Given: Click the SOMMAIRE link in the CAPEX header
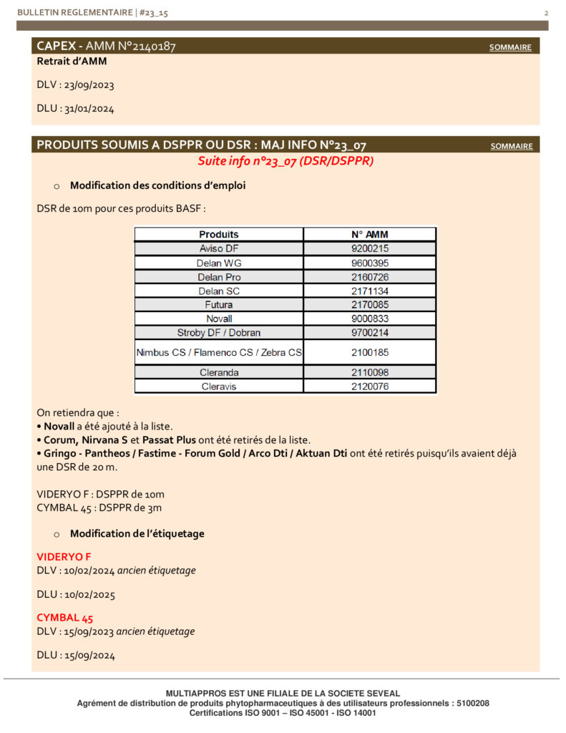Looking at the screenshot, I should [510, 48].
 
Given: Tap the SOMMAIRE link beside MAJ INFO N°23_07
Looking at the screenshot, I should [511, 147].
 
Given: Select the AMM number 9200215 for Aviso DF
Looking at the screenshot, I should [370, 248].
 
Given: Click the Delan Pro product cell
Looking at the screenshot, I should [219, 277].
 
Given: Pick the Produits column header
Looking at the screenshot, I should [219, 234].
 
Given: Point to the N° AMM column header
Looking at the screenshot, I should [370, 234].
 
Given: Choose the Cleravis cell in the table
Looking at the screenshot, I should [219, 387].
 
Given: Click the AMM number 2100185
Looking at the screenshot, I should [370, 352].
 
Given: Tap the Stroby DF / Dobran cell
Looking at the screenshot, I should [219, 333].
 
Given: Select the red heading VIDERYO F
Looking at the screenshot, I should [64, 556].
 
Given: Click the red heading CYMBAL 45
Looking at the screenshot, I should [64, 618].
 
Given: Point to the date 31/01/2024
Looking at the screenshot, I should [89, 110].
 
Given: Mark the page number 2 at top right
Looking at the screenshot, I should [546, 13].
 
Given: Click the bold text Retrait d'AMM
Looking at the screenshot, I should [72, 62].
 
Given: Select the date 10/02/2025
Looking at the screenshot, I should [89, 594].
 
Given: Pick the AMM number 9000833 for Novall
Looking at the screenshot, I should [370, 319].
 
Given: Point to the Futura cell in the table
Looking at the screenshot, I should [219, 305].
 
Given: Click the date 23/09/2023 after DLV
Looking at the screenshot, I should [89, 85].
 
